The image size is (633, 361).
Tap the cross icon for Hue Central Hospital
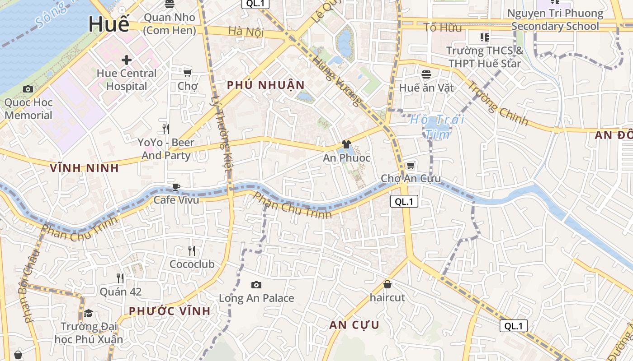pos(127,60)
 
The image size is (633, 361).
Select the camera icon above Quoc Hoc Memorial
pos(28,89)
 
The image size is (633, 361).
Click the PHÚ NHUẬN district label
pos(266,85)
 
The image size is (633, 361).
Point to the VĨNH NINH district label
pos(85,168)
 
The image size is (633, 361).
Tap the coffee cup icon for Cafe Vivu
pos(176,187)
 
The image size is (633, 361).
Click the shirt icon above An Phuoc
pos(346,144)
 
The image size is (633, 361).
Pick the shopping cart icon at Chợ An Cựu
pos(411,165)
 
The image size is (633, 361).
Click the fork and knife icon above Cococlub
pos(192,250)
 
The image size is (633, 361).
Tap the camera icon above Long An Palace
pos(256,285)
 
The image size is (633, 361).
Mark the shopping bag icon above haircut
pos(387,284)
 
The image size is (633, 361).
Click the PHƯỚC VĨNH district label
pos(170,311)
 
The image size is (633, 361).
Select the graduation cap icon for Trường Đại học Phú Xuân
pos(89,313)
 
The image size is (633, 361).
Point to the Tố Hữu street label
pos(443,28)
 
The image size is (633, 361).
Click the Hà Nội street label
pos(246,32)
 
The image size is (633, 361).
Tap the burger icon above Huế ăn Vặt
pos(426,74)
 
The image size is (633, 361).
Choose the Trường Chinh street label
pos(497,103)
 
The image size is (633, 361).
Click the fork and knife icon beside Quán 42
pos(120,278)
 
